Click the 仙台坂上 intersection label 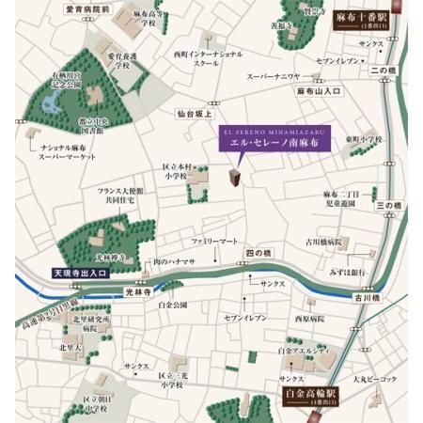click(x=196, y=113)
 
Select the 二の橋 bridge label click(x=384, y=70)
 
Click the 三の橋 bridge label click(x=388, y=205)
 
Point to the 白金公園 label click(x=173, y=305)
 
